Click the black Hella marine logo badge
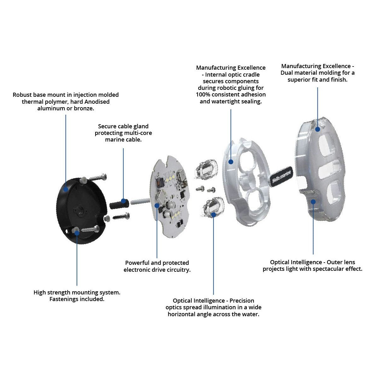281,175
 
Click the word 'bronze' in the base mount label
84,108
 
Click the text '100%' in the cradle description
202,95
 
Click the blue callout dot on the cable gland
124,201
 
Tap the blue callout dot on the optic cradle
231,162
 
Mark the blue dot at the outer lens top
317,129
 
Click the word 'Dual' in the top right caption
287,73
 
